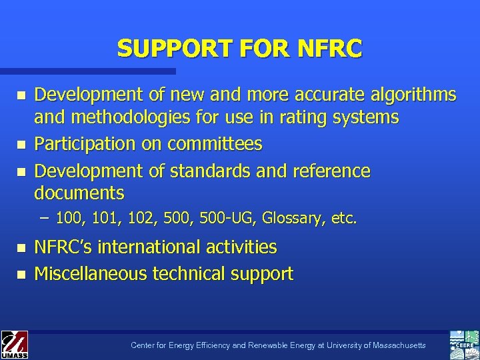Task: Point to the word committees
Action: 215,144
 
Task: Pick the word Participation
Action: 89,144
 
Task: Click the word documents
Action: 79,193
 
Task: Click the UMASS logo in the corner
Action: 14,345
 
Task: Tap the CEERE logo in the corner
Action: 464,345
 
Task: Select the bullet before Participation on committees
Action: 21,145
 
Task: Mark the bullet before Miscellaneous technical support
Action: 21,274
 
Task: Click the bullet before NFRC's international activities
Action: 21,247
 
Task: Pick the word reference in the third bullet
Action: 331,171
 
